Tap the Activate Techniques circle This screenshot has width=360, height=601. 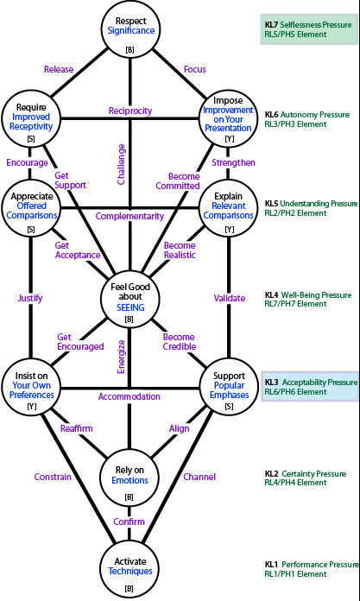(x=130, y=571)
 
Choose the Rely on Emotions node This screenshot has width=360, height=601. (x=129, y=480)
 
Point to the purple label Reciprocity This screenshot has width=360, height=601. (x=130, y=111)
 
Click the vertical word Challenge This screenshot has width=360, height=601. (x=122, y=164)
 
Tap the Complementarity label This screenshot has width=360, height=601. (x=129, y=216)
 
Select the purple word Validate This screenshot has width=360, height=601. (x=230, y=298)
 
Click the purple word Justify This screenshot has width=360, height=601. (x=30, y=298)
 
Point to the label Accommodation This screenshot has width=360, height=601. (x=129, y=396)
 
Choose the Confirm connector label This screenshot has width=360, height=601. (x=129, y=522)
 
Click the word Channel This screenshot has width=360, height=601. (x=199, y=477)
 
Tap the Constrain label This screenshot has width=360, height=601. (x=53, y=477)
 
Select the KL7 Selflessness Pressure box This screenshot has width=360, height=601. (x=309, y=29)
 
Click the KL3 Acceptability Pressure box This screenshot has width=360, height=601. (x=310, y=387)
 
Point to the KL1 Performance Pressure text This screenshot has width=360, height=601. (x=312, y=565)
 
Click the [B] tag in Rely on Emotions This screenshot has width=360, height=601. (x=129, y=497)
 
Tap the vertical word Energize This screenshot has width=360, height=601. (x=122, y=356)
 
